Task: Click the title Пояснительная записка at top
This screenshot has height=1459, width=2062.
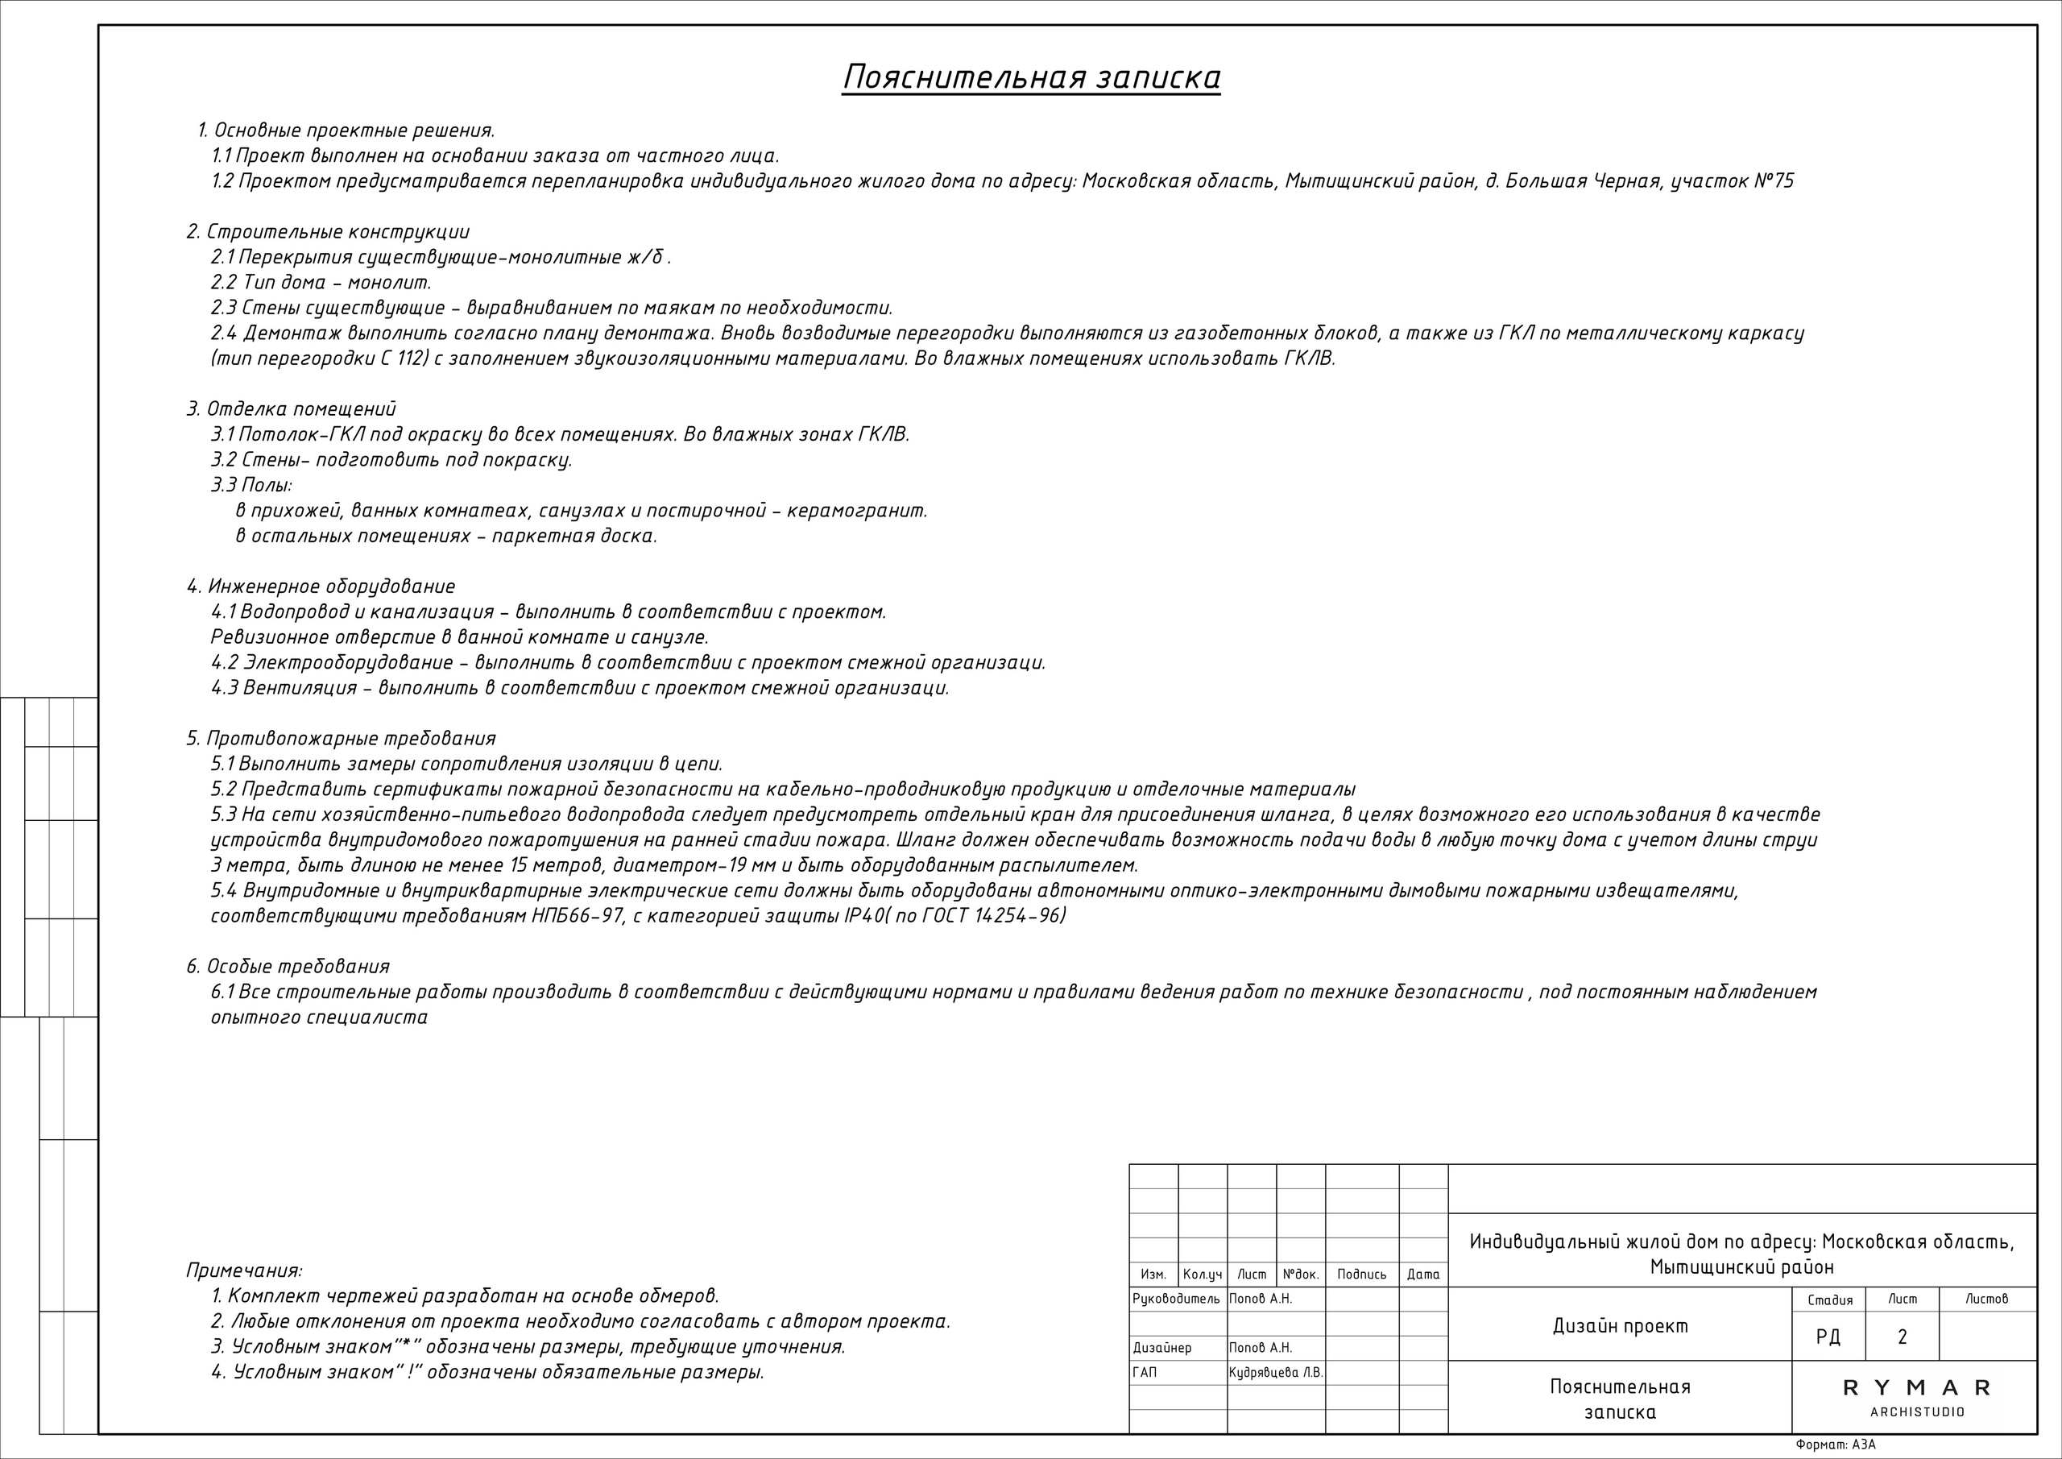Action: [x=1031, y=78]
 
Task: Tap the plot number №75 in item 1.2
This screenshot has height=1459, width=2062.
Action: [x=1773, y=181]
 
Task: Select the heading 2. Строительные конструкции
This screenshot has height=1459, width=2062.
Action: [x=328, y=233]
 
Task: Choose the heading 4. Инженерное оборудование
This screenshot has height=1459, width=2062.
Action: [x=321, y=587]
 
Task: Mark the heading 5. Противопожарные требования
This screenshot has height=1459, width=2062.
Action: [x=342, y=739]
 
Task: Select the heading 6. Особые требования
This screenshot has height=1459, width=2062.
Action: [x=288, y=967]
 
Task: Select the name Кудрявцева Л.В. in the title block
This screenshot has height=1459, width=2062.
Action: [x=1275, y=1373]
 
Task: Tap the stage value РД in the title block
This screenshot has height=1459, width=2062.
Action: [x=1828, y=1337]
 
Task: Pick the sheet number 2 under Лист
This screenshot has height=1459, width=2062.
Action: [x=1903, y=1337]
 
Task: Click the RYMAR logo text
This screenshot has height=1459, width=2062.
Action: [x=1916, y=1388]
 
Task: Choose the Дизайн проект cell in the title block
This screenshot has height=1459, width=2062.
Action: [x=1620, y=1326]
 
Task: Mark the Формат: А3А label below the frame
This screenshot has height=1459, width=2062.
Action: [x=1836, y=1444]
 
